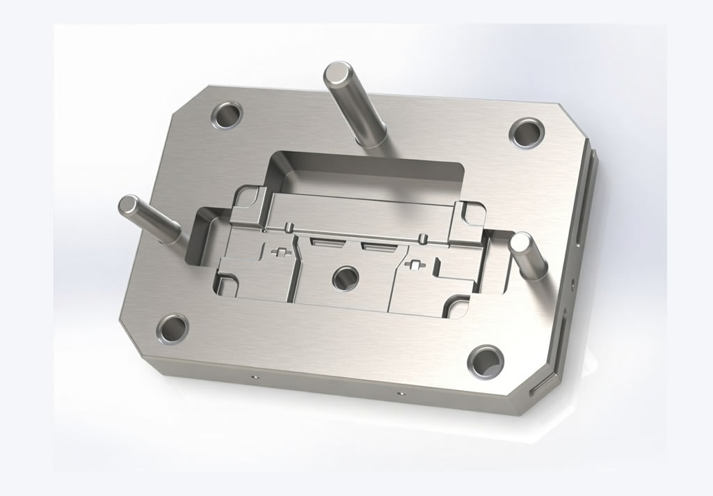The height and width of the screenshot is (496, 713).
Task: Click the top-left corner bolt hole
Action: click(x=227, y=115)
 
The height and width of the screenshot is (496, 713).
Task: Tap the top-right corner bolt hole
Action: click(x=527, y=132)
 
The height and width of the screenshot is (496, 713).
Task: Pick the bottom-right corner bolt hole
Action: click(x=486, y=360)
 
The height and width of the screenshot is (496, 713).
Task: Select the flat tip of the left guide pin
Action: click(x=129, y=206)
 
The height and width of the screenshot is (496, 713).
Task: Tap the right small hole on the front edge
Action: click(x=399, y=394)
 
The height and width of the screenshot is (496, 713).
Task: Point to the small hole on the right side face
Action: click(x=572, y=284)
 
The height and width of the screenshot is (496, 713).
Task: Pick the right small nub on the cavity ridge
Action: click(x=424, y=238)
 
